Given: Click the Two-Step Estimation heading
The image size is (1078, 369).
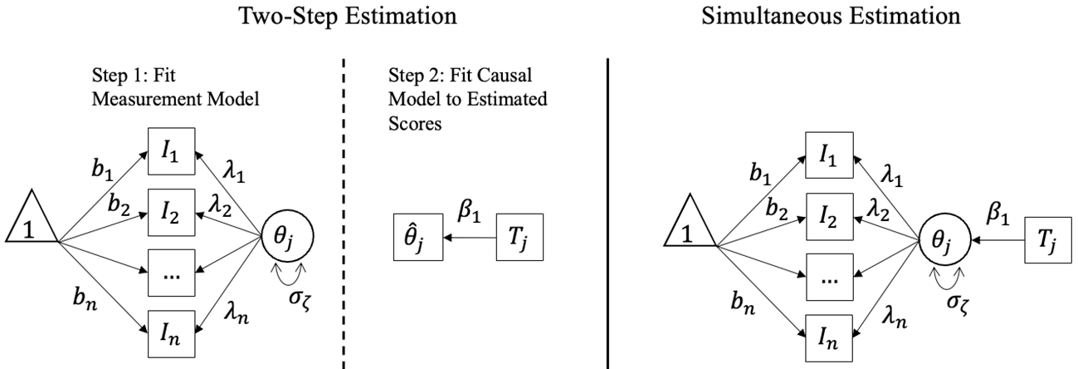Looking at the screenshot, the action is coord(348,17).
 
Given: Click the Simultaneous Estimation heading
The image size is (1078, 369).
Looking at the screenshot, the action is coord(831,16).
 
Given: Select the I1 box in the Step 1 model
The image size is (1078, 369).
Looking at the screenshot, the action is coord(171,151).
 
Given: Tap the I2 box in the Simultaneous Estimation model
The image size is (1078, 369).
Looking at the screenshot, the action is coord(829,217).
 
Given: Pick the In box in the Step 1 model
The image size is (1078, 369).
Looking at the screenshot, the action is coord(171,334).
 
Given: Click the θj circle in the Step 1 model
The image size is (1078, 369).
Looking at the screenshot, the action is coord(287,237).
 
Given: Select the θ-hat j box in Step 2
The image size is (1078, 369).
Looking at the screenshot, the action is coord(418,238).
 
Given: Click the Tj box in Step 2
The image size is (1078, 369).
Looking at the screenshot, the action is coord(519,238).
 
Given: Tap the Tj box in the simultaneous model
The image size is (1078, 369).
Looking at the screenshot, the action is coord(1048,240).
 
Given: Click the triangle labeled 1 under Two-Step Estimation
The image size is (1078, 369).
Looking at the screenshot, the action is coord(32,216).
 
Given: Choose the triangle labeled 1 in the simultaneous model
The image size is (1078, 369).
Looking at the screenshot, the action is coord(690,220).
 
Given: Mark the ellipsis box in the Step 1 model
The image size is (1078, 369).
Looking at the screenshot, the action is coord(171,273).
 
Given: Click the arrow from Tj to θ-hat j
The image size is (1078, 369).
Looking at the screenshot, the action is coord(470,238).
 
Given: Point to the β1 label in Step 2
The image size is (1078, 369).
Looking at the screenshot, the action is coord(469,211).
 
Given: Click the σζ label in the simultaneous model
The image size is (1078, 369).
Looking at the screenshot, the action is coord(958,304).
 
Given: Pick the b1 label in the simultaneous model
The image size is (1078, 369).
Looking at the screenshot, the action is coord(760,174).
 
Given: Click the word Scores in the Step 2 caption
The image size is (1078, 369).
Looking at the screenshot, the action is coord(415,123).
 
